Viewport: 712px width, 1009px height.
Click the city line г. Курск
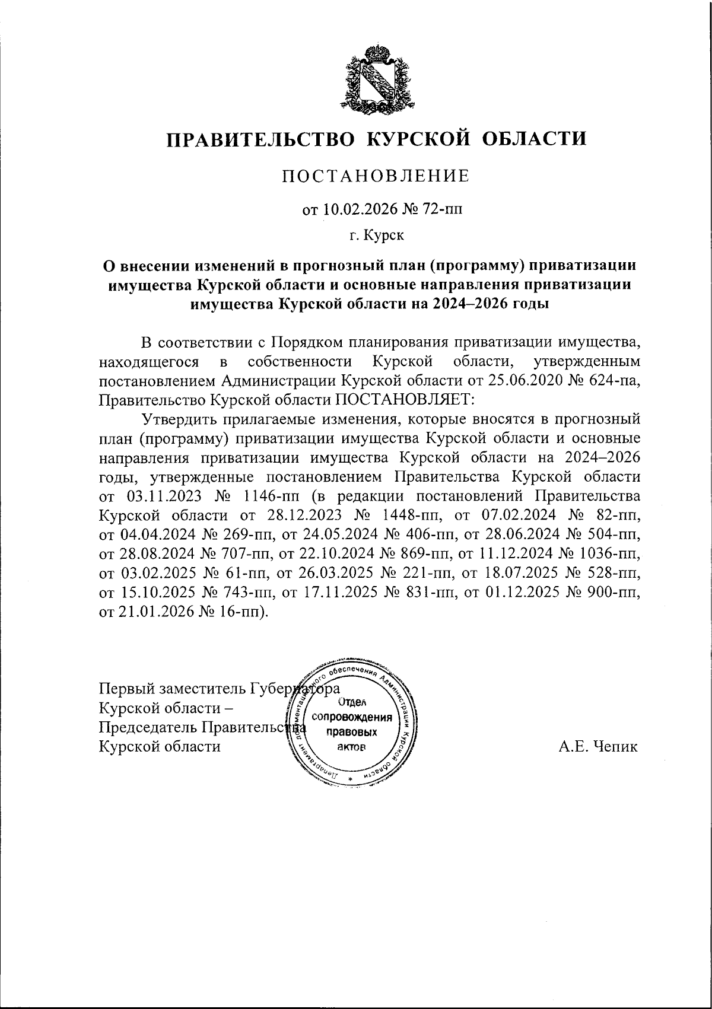click(x=377, y=236)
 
